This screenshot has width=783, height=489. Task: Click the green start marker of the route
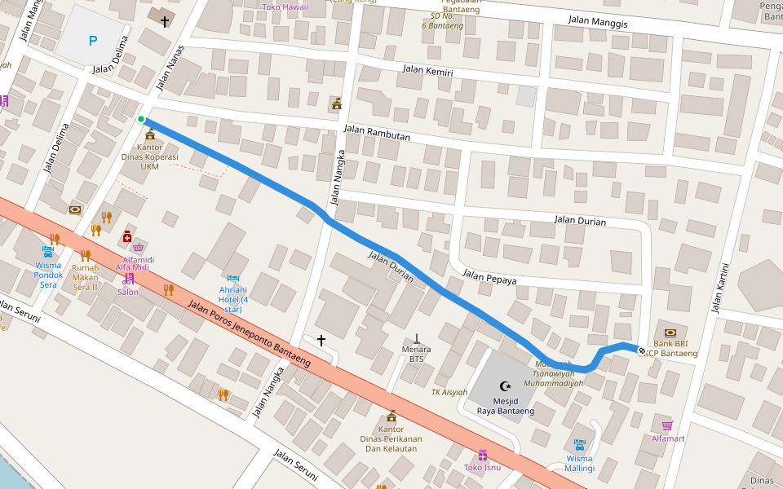click(141, 120)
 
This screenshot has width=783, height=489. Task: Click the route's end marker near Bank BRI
click(642, 351)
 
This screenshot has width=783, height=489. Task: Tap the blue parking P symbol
click(92, 40)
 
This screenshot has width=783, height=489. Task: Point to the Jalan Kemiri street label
click(427, 71)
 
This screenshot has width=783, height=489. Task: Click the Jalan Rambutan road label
click(377, 133)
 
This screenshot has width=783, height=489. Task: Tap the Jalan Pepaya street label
click(489, 277)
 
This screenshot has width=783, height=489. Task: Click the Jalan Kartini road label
click(719, 287)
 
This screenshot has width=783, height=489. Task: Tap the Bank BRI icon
click(670, 333)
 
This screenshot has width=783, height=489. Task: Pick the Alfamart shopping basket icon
click(667, 425)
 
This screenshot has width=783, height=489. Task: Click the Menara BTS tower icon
click(417, 337)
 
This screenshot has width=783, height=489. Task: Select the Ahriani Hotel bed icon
click(234, 279)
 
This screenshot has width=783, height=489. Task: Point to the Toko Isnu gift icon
click(482, 455)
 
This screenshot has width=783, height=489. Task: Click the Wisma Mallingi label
click(579, 463)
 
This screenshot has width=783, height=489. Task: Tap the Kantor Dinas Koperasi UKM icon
click(149, 134)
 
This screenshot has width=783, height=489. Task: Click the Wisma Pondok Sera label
click(48, 275)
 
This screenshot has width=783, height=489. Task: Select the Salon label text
click(128, 292)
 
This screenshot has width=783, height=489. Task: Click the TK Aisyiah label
click(449, 392)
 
